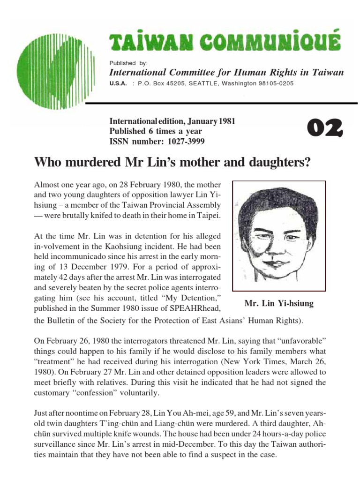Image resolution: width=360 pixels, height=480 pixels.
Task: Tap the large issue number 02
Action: point(325,127)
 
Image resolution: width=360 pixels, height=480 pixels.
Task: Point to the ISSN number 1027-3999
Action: point(184,141)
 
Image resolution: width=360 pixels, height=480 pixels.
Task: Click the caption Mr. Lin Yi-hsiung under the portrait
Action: point(279,304)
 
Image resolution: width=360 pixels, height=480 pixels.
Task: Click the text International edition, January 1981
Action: point(172,122)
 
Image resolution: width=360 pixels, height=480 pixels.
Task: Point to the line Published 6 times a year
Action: point(156,131)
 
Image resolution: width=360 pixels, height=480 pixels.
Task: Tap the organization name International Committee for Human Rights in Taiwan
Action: point(226,72)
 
